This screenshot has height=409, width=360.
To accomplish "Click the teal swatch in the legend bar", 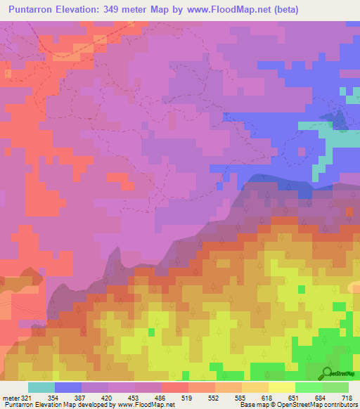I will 41,387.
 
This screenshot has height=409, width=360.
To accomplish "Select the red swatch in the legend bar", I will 175,387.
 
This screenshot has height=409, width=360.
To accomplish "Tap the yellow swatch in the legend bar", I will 282,387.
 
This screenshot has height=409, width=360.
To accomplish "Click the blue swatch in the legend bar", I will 68,387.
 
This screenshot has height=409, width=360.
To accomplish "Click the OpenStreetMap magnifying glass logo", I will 327,372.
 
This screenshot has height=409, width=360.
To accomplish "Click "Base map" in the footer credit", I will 253,405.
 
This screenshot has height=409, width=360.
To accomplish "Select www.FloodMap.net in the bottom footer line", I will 144,405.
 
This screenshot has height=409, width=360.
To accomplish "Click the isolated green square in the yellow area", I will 301,289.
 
